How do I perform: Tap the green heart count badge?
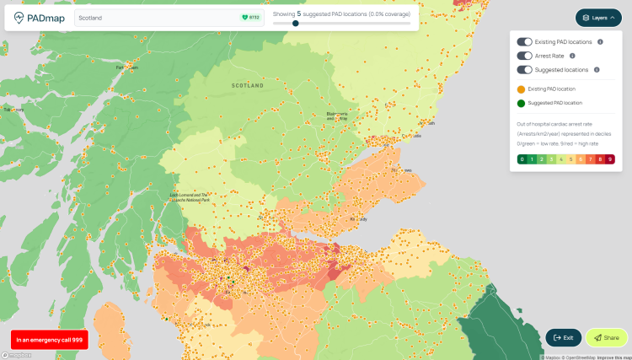(250, 18)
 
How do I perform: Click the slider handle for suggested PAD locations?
(296, 24)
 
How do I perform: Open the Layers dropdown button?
(598, 17)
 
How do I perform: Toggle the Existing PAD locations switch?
(524, 41)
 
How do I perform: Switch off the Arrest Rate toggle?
(524, 56)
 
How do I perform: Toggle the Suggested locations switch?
(524, 70)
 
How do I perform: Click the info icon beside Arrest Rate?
(572, 56)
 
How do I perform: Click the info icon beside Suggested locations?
(597, 70)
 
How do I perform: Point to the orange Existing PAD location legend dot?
(521, 89)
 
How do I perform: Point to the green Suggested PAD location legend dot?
(521, 103)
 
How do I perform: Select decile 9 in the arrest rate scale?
(610, 159)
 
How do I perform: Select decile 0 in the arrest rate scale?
(522, 159)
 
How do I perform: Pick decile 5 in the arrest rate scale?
(570, 159)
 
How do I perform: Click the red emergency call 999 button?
(50, 339)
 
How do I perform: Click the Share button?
(607, 337)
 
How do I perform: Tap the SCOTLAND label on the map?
(248, 85)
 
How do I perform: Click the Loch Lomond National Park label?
(190, 197)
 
